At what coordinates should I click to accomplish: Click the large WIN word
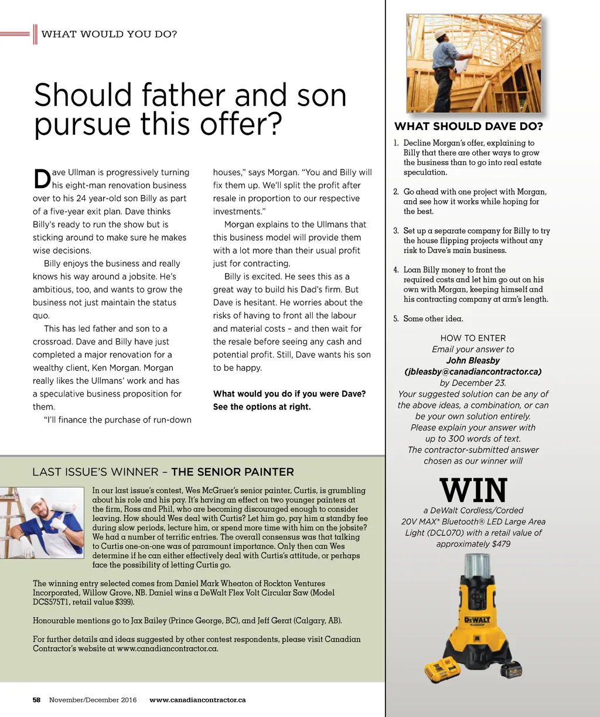(473, 491)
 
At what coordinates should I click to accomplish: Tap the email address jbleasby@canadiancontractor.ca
(473, 371)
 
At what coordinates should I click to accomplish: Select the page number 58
(36, 700)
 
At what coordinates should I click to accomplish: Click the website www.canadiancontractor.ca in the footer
(197, 700)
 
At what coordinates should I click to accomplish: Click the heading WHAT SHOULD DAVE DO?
(468, 127)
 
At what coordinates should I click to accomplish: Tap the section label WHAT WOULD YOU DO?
(109, 34)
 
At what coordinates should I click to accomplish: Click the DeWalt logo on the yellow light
(477, 620)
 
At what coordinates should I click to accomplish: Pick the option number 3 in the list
(396, 231)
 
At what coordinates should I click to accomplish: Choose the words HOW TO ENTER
(473, 338)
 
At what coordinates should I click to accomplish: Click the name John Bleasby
(473, 360)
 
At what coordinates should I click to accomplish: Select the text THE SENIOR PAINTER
(233, 472)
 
